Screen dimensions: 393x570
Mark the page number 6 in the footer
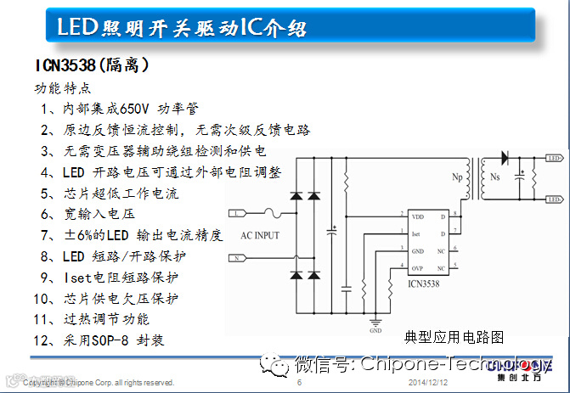pos(300,384)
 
